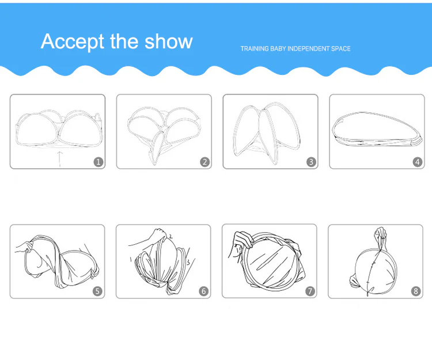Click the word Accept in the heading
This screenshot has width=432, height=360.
pyautogui.click(x=73, y=41)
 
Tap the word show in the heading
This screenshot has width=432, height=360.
pyautogui.click(x=169, y=41)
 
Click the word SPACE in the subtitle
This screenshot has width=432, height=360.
pyautogui.click(x=341, y=49)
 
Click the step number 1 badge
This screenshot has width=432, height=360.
pyautogui.click(x=98, y=162)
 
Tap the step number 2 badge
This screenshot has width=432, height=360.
pyautogui.click(x=204, y=162)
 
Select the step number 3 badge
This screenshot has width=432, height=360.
pyautogui.click(x=311, y=162)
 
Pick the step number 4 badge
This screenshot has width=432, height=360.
pyautogui.click(x=418, y=162)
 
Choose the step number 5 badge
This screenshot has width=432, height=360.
pyautogui.click(x=97, y=291)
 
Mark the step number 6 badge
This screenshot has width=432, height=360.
pyautogui.click(x=203, y=291)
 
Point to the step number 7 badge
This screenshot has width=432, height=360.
pyautogui.click(x=310, y=291)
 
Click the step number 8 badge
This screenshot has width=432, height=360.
pyautogui.click(x=416, y=291)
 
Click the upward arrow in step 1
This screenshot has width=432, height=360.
pyautogui.click(x=60, y=159)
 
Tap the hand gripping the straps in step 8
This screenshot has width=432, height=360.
pyautogui.click(x=381, y=233)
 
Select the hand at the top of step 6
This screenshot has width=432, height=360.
pyautogui.click(x=160, y=234)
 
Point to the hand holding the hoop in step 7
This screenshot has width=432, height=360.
pyautogui.click(x=244, y=240)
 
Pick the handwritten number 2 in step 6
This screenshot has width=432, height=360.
pyautogui.click(x=171, y=236)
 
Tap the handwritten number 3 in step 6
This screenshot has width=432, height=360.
pyautogui.click(x=188, y=262)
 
